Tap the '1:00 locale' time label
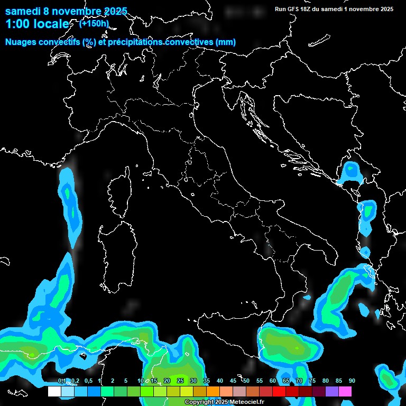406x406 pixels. click(36, 24)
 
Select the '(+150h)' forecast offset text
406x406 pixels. click(94, 23)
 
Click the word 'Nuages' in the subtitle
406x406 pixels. click(21, 42)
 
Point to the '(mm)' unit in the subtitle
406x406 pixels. click(225, 42)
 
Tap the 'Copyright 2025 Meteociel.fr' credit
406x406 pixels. click(224, 402)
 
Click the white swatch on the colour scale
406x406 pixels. click(54, 392)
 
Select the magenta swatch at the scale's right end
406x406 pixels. click(345, 392)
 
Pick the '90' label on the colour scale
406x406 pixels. click(352, 381)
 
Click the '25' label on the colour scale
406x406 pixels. click(180, 381)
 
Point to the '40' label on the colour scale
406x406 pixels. click(219, 381)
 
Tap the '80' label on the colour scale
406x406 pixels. click(326, 381)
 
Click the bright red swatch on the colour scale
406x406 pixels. click(279, 392)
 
